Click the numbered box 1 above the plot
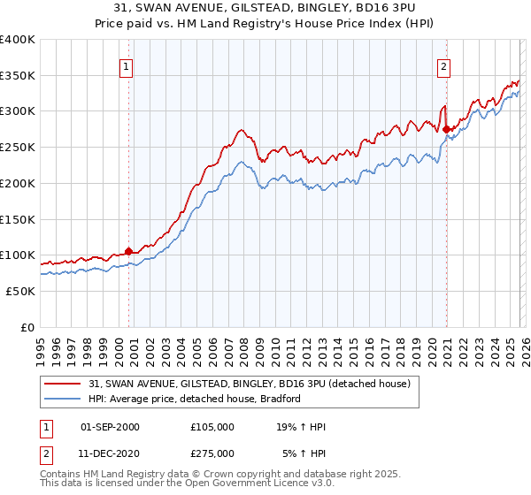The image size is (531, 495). coord(126,65)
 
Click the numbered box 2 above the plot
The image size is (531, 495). coord(442,65)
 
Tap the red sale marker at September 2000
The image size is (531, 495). coord(128,251)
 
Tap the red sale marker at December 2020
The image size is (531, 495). coord(446,129)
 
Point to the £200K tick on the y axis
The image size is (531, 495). coord(18,183)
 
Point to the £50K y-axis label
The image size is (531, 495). coord(20,291)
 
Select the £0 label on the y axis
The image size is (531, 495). coord(27,327)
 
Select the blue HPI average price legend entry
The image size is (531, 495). coord(195,399)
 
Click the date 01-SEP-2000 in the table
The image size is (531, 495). coord(110,427)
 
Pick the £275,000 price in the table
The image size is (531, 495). coord(212,453)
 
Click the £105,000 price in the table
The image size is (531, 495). coord(212,427)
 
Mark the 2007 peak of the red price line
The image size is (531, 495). coord(240,130)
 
